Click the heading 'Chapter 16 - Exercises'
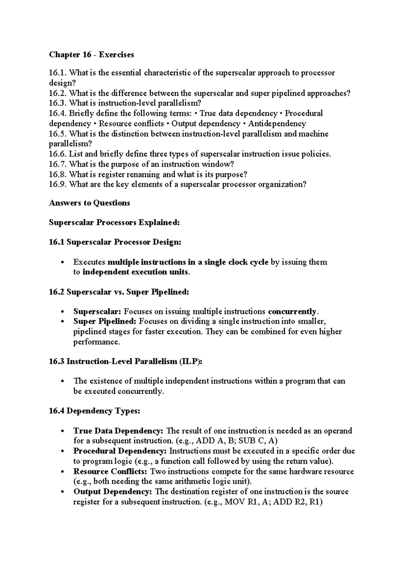91,55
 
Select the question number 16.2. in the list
58,93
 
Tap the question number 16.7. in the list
58,164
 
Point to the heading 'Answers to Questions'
89,203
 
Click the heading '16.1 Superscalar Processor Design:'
115,242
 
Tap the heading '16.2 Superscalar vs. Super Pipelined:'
119,292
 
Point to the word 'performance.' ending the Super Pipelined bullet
97,342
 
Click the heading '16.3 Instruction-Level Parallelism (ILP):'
126,362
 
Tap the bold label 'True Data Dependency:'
119,431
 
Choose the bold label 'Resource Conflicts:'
110,471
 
